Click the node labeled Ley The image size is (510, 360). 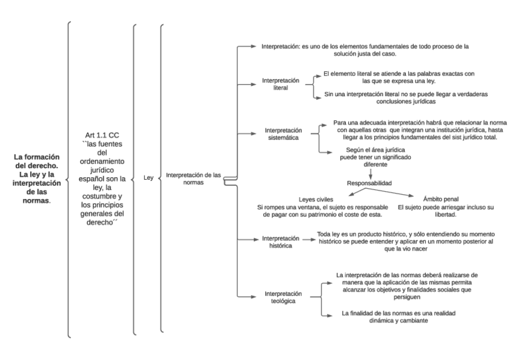click(148, 178)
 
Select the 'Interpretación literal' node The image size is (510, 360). click(280, 84)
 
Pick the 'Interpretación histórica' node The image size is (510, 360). click(280, 242)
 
